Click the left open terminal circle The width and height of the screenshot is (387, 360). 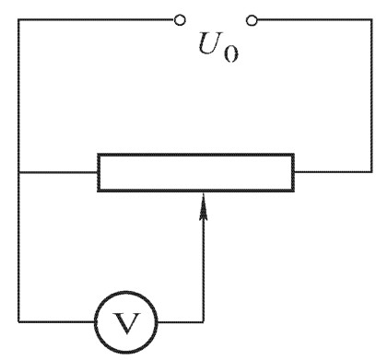180,20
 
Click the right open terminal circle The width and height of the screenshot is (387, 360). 252,20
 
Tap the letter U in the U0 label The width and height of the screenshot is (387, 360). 210,43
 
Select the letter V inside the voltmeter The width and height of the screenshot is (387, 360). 126,323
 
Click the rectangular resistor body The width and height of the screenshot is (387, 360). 196,172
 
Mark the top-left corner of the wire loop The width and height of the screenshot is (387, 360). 18,20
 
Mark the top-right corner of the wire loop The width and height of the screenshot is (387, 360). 371,20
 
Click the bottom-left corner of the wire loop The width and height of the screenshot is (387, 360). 19,321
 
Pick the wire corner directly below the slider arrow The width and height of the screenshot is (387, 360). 203,321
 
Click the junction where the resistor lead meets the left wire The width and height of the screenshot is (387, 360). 19,172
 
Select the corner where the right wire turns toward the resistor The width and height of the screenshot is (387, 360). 371,171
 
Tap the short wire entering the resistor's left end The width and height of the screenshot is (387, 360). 58,172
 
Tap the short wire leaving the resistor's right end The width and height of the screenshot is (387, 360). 333,171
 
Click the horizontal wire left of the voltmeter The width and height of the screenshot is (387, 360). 57,321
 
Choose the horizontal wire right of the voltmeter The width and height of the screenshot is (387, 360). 181,321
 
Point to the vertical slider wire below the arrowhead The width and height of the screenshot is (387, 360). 203,271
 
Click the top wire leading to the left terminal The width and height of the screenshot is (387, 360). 96,20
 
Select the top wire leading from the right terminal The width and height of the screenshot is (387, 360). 314,20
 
